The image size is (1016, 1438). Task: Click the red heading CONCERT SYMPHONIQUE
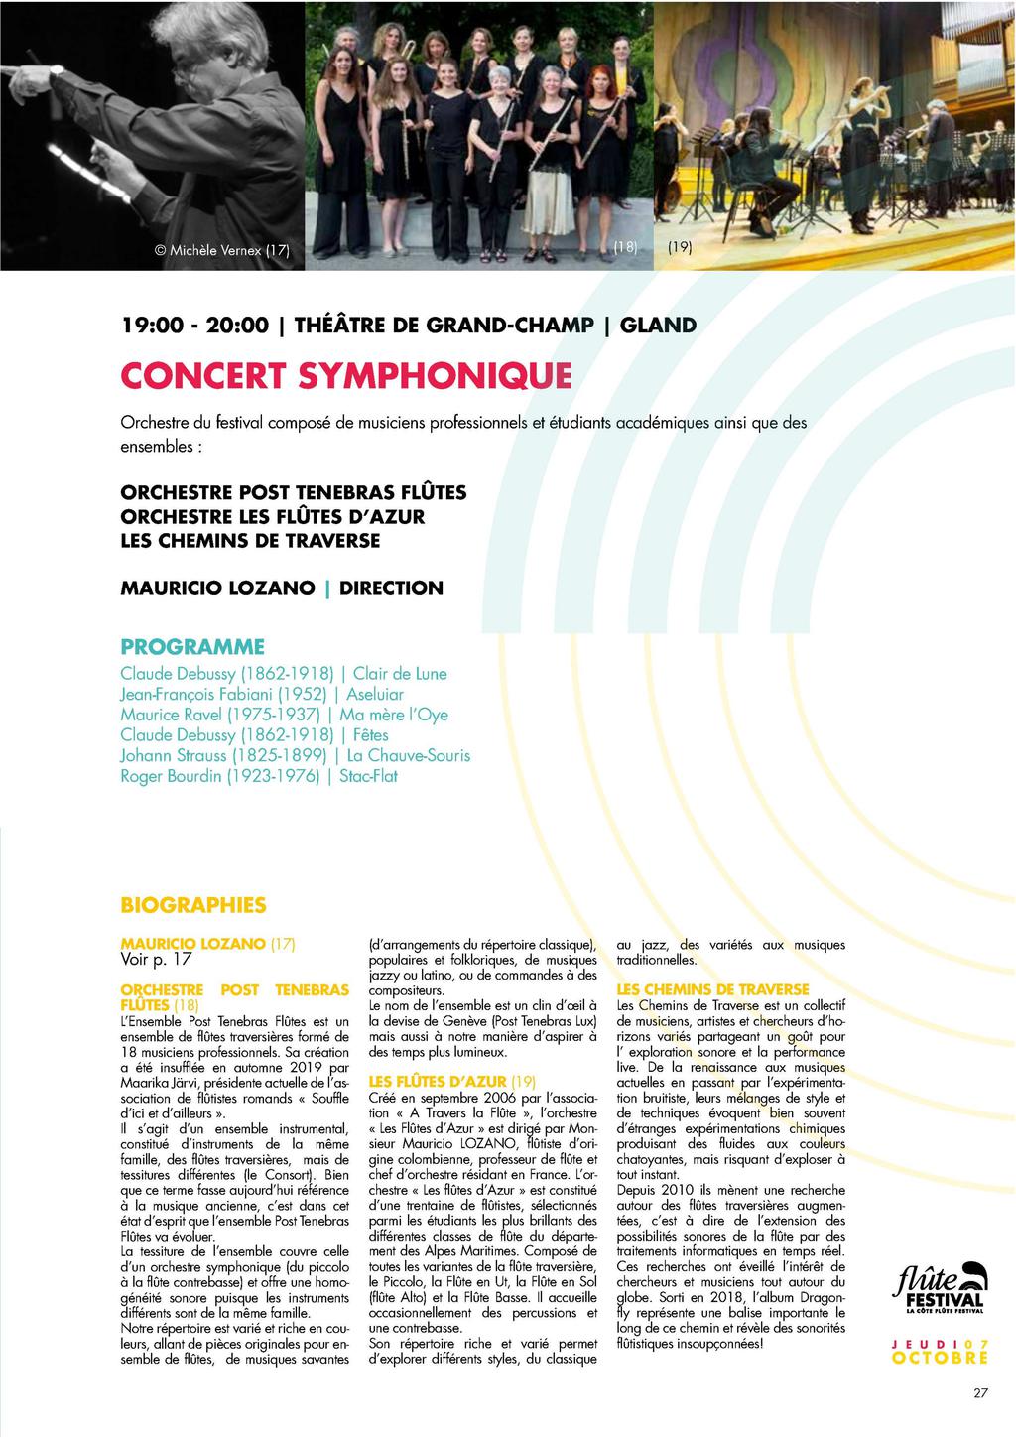pos(346,376)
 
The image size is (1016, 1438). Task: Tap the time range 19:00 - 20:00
pos(194,326)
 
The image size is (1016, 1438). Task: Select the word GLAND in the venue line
pos(658,326)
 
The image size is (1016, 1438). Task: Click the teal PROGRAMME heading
pos(192,647)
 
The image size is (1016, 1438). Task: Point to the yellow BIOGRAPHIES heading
pos(193,905)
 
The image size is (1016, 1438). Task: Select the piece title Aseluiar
pos(375,695)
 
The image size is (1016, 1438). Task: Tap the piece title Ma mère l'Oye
pos(394,715)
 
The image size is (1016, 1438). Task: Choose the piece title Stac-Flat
pos(368,776)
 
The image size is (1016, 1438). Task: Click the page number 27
pos(980,1392)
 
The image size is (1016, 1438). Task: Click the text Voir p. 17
pos(156,960)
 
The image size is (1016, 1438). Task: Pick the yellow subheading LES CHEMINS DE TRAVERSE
pos(712,989)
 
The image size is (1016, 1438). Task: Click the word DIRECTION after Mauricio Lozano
pos(391,588)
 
